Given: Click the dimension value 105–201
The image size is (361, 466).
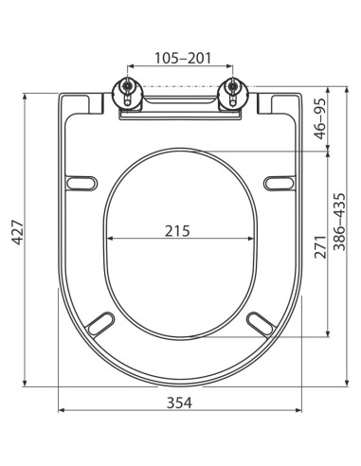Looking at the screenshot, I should tap(179, 58).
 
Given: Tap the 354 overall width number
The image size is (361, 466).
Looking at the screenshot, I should tap(179, 403).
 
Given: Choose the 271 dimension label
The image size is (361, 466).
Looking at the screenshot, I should tap(321, 246).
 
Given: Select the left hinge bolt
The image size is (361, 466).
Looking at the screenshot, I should tap(125, 93).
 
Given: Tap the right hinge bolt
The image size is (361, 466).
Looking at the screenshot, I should tap(231, 93).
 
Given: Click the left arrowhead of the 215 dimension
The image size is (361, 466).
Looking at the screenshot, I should tap(108, 239).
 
